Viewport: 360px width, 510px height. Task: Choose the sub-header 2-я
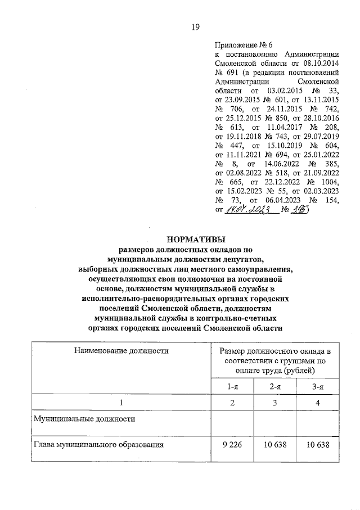(x=274, y=386)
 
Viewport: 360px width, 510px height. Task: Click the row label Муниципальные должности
(x=84, y=419)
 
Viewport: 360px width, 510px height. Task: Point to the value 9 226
(x=230, y=445)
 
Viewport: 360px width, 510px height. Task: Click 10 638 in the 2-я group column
(x=274, y=445)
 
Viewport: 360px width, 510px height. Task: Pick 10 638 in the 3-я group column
(x=318, y=445)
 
